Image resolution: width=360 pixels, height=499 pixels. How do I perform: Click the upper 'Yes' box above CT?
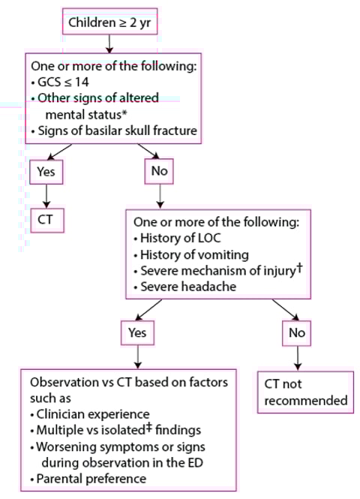coord(46,170)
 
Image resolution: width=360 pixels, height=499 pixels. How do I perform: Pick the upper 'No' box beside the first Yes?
coord(159,170)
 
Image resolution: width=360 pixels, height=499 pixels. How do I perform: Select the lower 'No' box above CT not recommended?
coord(297,332)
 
